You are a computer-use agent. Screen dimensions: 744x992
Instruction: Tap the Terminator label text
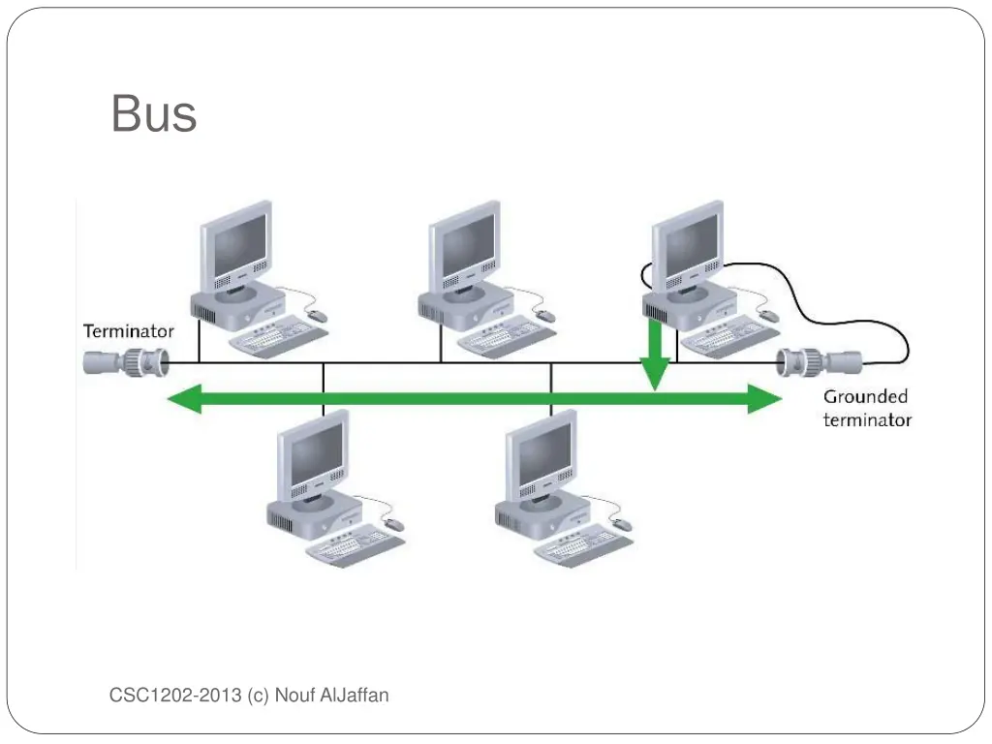click(129, 331)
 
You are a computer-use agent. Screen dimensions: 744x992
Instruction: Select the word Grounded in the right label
click(866, 397)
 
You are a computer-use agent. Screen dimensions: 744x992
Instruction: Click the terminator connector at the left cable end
click(126, 362)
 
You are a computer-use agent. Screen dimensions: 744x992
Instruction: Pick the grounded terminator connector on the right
click(819, 362)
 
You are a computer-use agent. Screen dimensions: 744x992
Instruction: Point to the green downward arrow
click(656, 356)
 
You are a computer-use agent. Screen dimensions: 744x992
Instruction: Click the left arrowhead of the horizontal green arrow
click(185, 398)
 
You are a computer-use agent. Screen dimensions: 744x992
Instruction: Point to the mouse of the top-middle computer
click(545, 316)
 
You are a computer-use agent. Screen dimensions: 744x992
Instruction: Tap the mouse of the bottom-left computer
click(394, 524)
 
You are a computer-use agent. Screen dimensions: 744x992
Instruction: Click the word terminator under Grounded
click(867, 419)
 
